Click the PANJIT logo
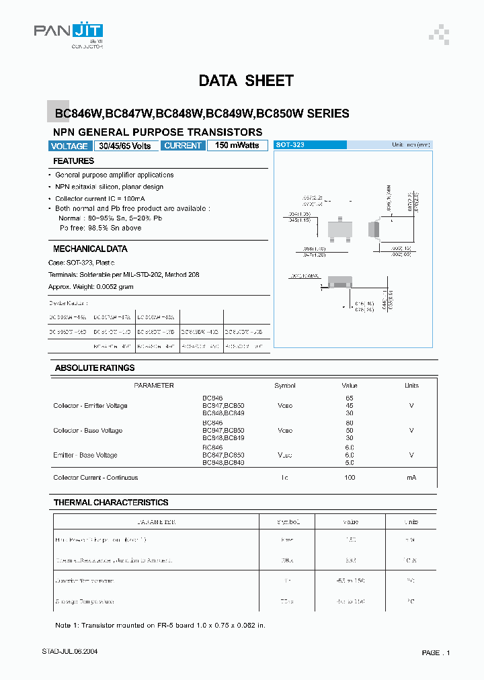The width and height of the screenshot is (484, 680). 69,33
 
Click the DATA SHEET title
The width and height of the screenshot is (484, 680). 246,81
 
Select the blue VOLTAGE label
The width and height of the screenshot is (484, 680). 69,146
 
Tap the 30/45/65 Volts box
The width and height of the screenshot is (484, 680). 126,146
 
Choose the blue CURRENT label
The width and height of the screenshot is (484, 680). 183,146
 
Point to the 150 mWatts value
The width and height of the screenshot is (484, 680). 237,146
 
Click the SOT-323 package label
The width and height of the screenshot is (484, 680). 290,145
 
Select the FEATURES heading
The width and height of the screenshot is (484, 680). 74,161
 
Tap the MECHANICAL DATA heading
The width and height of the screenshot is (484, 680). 90,249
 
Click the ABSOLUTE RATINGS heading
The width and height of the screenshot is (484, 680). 95,368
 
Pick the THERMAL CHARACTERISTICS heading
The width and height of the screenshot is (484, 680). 111,503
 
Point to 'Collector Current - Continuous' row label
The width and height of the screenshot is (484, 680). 95,478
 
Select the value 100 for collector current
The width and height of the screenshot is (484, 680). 350,478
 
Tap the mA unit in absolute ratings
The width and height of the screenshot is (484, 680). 411,478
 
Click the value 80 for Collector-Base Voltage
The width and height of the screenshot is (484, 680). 350,423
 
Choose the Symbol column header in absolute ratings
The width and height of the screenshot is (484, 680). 285,386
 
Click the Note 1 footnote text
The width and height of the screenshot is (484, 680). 160,626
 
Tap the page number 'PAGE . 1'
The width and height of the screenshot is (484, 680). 436,652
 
